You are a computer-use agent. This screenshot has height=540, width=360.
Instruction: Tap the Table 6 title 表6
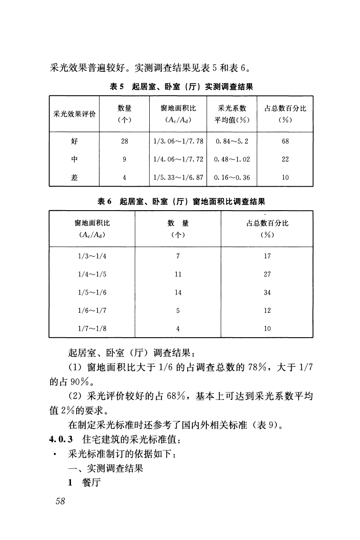tap(104, 201)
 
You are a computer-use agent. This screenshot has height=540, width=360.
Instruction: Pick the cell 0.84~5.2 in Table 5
tap(231, 141)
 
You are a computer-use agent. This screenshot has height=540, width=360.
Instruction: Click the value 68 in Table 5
tap(285, 141)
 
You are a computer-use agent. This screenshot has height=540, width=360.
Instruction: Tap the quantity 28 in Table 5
tap(124, 141)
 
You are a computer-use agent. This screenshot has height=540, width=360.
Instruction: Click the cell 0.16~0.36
tap(231, 178)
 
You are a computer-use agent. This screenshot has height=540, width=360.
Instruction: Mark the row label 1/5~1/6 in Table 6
tap(92, 292)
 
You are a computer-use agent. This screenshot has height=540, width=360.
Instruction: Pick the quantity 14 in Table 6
tap(178, 292)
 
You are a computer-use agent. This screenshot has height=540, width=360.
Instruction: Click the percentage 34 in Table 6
tap(267, 292)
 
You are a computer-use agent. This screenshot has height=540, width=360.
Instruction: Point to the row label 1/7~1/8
tap(92, 329)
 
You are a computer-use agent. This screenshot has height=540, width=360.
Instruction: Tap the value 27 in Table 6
tap(267, 274)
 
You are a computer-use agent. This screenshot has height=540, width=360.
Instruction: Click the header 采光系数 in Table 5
tap(231, 108)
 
